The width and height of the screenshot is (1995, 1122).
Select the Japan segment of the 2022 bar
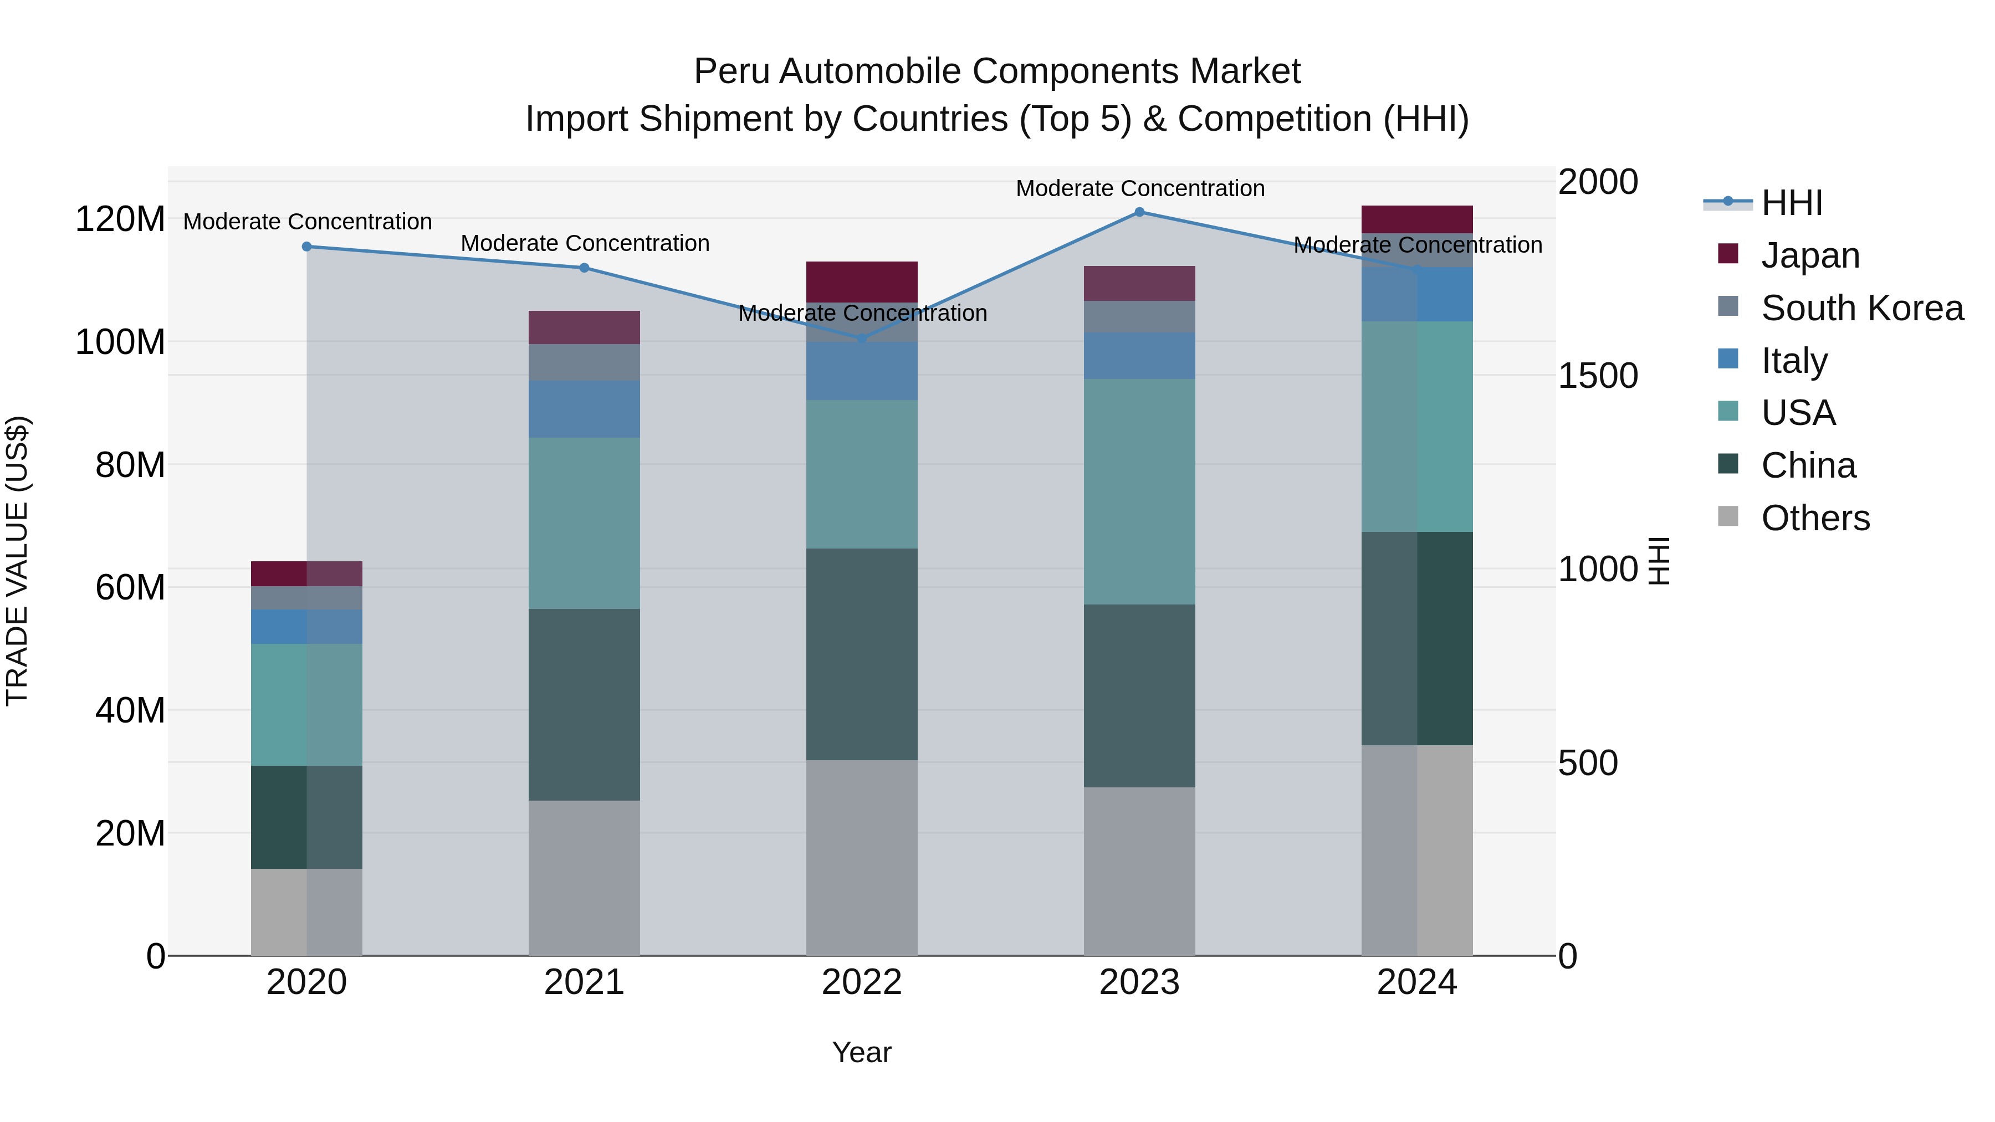861,282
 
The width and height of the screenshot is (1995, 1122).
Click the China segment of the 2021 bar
584,705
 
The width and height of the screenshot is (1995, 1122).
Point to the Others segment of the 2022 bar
861,858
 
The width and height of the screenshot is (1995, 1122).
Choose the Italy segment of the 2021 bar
584,409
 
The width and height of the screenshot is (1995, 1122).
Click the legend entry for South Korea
1862,308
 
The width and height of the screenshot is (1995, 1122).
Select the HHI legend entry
1791,203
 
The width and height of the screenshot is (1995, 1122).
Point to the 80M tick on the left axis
129,465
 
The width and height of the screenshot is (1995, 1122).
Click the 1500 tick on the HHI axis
1597,376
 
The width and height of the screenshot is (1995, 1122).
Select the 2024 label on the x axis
1416,982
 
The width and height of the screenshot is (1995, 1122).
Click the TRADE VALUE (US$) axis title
17,561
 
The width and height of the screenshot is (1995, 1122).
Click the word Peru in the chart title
731,71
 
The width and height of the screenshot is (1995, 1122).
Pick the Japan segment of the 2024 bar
1416,219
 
